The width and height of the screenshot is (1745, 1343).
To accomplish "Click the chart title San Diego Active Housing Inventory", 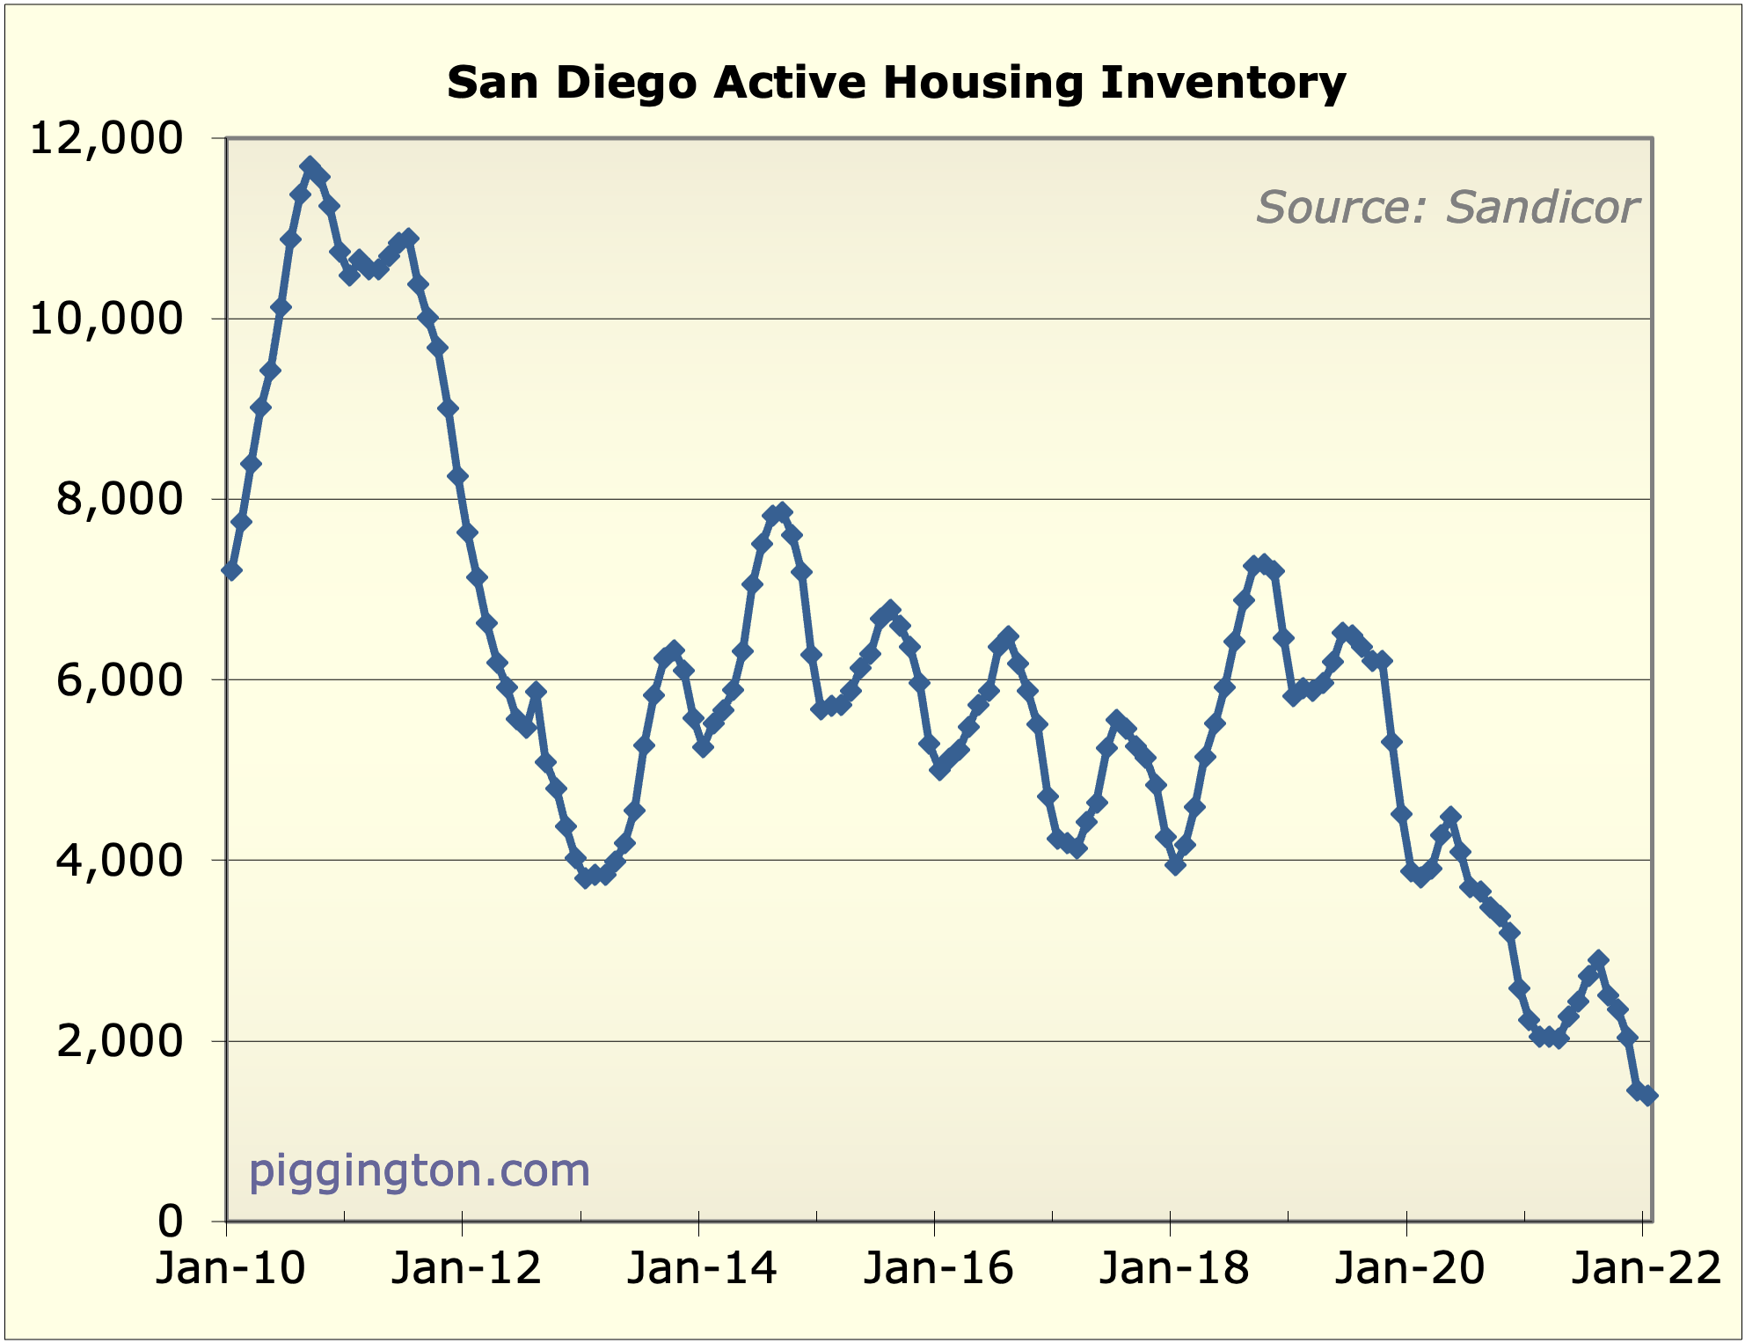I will pyautogui.click(x=896, y=83).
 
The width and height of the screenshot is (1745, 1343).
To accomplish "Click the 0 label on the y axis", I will pyautogui.click(x=171, y=1222).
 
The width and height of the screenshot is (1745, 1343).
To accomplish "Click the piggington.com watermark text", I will pyautogui.click(x=420, y=1171).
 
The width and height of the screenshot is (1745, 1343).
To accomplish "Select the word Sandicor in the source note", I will pyautogui.click(x=1542, y=208).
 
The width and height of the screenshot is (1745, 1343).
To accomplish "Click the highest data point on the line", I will pyautogui.click(x=310, y=165).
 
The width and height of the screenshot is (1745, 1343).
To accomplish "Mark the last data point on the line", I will pyautogui.click(x=1648, y=1096).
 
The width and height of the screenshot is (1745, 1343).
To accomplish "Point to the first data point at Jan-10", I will pyautogui.click(x=231, y=571).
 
